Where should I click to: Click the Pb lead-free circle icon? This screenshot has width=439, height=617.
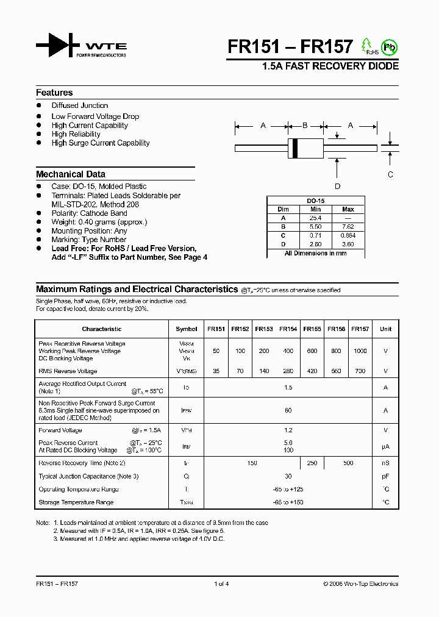388,47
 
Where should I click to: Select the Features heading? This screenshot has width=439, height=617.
54,93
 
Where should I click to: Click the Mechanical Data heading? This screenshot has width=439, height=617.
70,174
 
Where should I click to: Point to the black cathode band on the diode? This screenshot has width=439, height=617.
295,147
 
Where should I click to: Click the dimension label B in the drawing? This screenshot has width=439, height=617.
305,126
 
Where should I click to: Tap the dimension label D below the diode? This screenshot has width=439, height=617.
337,186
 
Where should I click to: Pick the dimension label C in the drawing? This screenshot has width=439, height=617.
391,174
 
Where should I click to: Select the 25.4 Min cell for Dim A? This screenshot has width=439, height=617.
315,218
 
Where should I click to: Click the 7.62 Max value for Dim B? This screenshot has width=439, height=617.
348,226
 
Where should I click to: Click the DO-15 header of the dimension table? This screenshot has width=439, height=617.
315,201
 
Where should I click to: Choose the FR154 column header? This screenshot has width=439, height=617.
288,329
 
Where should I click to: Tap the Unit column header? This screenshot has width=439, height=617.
385,329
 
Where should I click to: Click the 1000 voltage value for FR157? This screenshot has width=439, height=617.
360,351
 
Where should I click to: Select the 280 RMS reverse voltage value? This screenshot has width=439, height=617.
288,371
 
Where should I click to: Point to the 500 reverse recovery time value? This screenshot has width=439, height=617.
348,463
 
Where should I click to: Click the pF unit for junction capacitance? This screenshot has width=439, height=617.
385,476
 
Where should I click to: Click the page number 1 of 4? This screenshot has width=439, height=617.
221,583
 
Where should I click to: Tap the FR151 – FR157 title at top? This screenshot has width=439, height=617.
290,47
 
